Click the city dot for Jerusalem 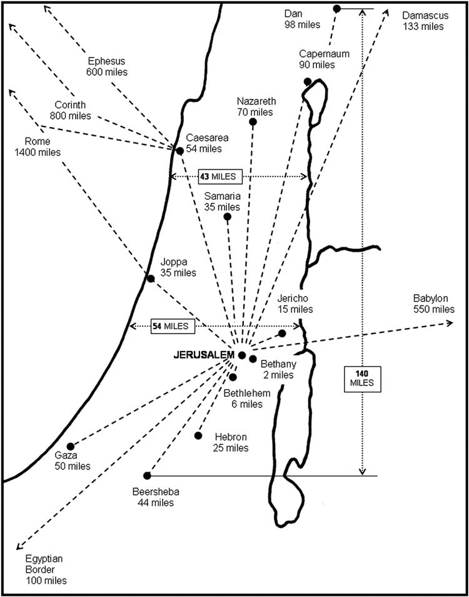point(242,355)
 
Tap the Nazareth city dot point(253,122)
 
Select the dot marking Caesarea point(180,151)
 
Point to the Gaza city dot point(71,447)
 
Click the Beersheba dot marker point(147,476)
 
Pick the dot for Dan point(337,8)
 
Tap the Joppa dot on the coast point(151,278)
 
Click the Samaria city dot point(228,217)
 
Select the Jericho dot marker point(282,334)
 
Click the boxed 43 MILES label point(216,176)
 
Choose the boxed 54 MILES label point(173,326)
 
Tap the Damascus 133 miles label point(423,21)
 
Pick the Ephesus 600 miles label point(107,66)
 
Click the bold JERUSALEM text point(203,355)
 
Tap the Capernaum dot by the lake point(308,81)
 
